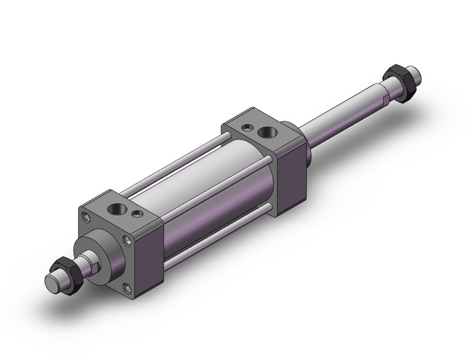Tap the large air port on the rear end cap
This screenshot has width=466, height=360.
tap(267, 131)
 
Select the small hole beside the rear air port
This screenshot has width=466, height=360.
tap(246, 128)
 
